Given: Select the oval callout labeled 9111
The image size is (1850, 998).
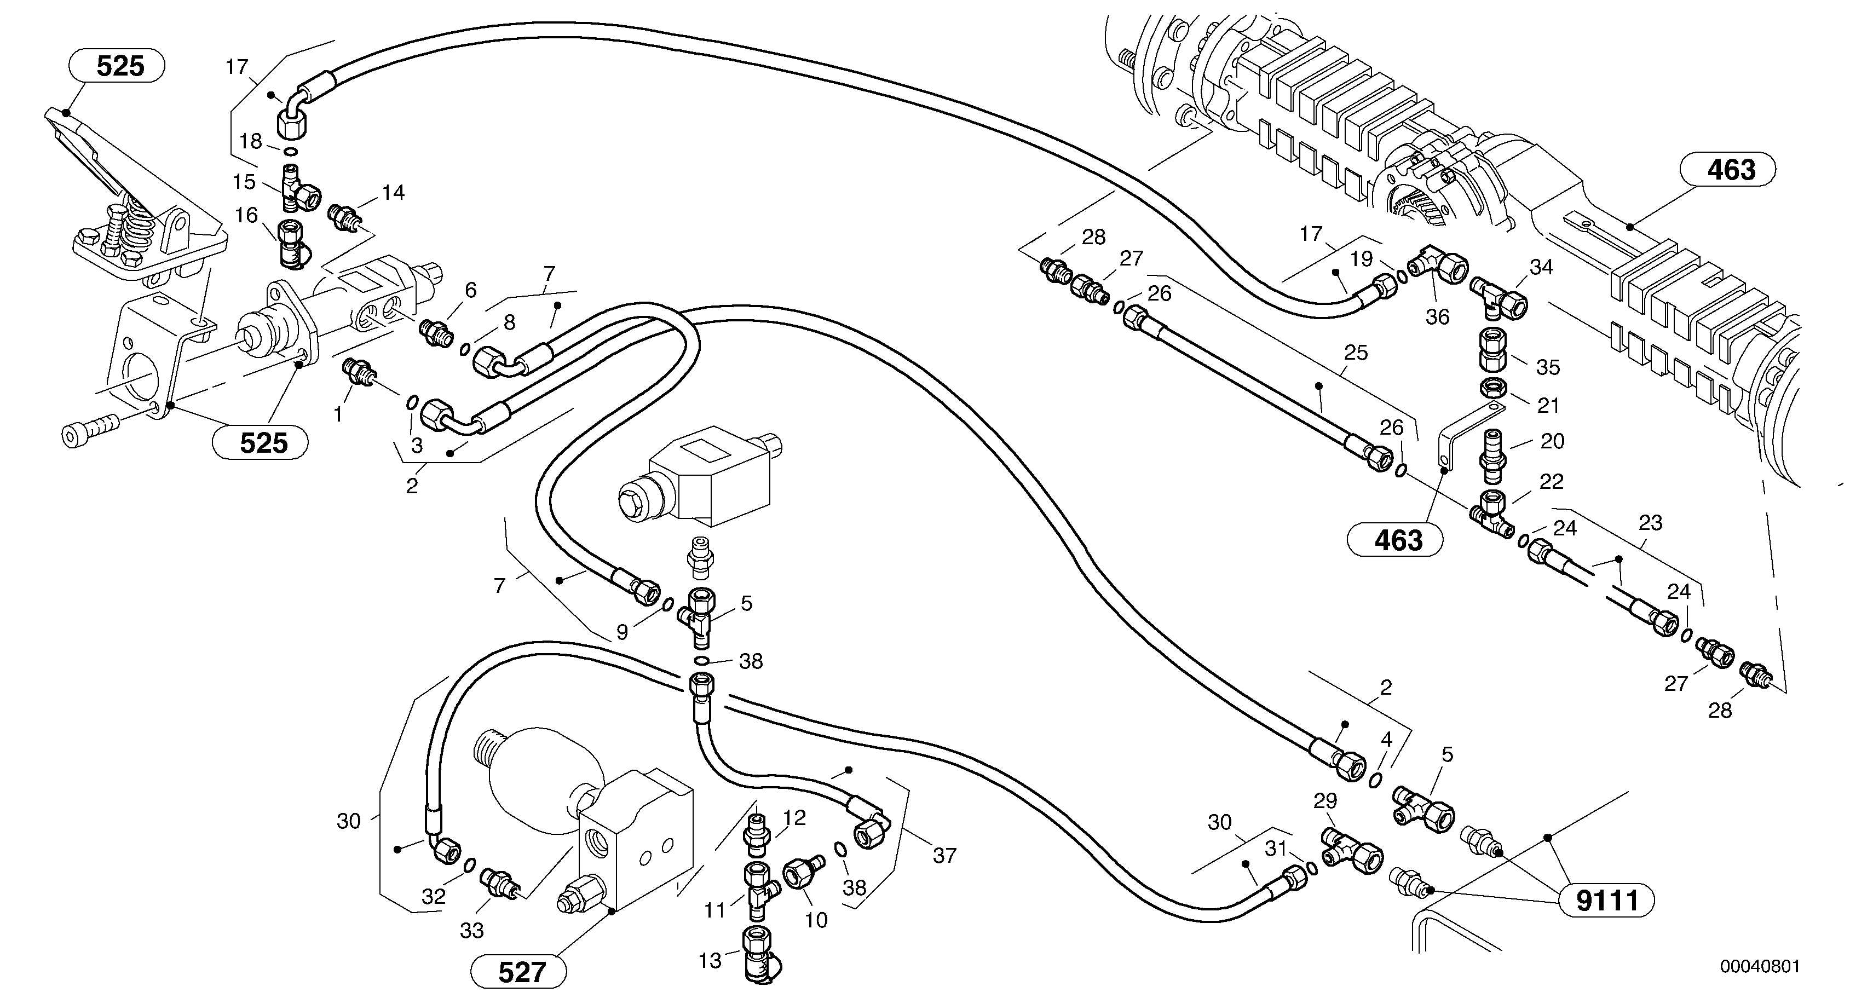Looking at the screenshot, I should [x=1606, y=901].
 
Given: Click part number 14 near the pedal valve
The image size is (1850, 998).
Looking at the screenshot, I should [x=393, y=192].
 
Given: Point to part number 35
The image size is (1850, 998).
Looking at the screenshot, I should [x=1548, y=367].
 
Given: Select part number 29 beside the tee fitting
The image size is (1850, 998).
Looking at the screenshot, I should [x=1325, y=802].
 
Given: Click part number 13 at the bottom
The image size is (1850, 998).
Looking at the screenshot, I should [x=710, y=961].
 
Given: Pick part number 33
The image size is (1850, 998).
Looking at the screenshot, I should [x=472, y=931].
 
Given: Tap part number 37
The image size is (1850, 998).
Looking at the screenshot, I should [x=944, y=855].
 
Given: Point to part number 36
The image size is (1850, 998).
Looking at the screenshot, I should [x=1437, y=316].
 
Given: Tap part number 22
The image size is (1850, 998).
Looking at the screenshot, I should [x=1551, y=481].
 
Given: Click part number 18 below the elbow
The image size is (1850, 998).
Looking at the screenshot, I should [x=251, y=141].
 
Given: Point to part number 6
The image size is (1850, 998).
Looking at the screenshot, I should [x=470, y=290].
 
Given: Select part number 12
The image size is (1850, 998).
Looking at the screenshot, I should [x=794, y=818].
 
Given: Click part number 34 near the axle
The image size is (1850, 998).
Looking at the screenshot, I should [x=1541, y=267].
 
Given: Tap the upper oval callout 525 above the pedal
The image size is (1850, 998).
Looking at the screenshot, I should [x=120, y=66].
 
